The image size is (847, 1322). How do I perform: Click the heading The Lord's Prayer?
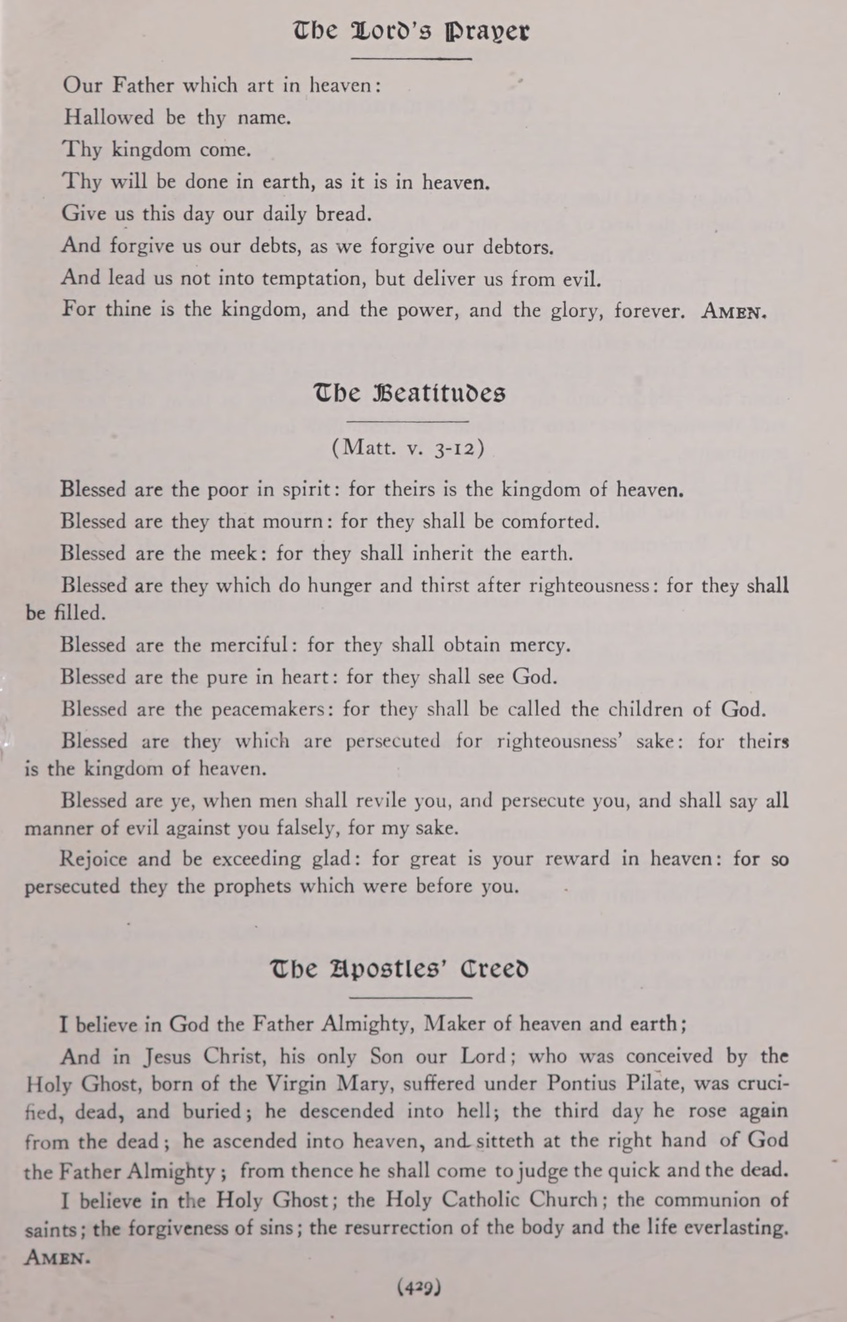[412, 32]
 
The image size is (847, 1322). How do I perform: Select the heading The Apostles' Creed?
[400, 968]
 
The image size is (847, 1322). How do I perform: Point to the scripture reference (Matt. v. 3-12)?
[408, 448]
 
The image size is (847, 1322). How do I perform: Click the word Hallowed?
[109, 117]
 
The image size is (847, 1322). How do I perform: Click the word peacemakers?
[273, 709]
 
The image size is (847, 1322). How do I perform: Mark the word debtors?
[518, 247]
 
